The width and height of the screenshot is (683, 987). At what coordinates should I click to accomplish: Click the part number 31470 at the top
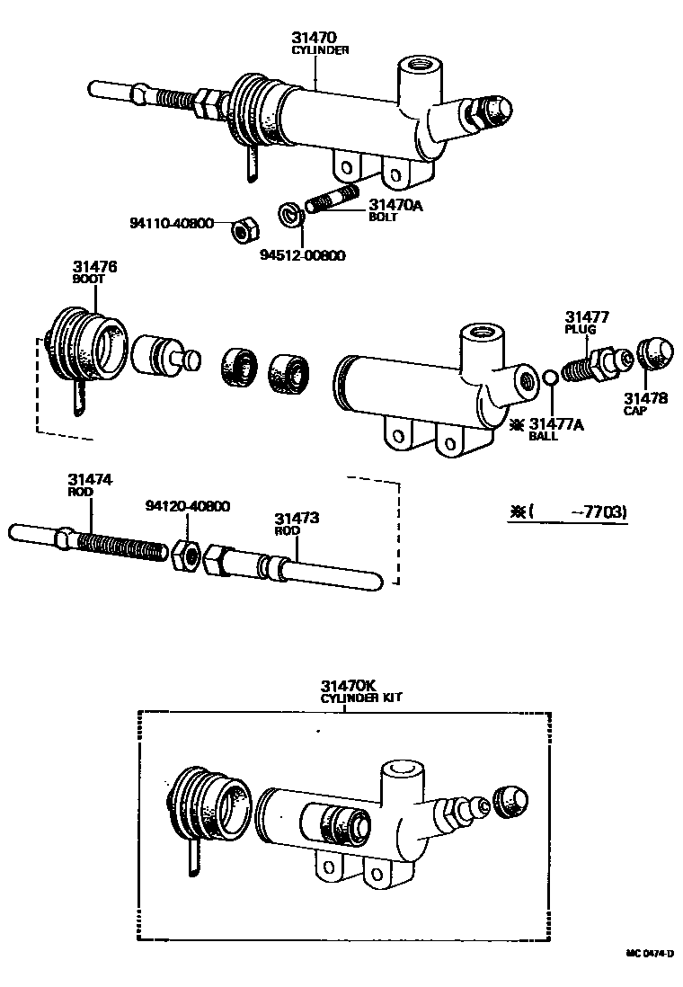click(x=313, y=39)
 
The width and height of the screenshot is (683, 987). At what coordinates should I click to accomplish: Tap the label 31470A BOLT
click(x=395, y=209)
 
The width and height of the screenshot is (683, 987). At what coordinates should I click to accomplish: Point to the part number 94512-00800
click(x=303, y=255)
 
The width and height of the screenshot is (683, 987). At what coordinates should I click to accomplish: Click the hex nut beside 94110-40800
click(x=241, y=230)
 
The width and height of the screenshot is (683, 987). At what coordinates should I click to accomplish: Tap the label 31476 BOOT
click(x=94, y=272)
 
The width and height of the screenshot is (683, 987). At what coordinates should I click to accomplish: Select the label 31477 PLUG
click(x=587, y=322)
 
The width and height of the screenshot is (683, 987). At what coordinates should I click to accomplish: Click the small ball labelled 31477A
click(x=551, y=376)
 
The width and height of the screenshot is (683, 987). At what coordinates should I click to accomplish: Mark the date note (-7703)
click(x=569, y=512)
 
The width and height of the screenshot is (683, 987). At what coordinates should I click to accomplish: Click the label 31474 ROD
click(x=90, y=485)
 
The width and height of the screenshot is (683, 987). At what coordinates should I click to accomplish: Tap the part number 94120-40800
click(x=187, y=506)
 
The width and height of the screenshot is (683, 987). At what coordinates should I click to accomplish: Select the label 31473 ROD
click(x=297, y=523)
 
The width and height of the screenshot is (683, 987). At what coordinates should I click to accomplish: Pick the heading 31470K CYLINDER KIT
click(x=362, y=690)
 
